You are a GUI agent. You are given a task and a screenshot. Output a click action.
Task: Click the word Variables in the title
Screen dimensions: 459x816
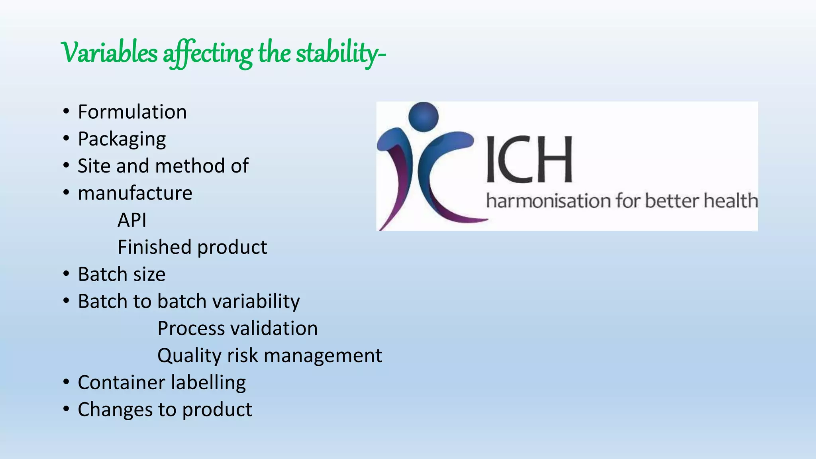click(x=109, y=53)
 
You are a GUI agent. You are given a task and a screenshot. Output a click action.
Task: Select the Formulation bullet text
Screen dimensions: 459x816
click(x=132, y=112)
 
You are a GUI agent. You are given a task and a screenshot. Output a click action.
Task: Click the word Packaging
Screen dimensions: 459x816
click(x=122, y=139)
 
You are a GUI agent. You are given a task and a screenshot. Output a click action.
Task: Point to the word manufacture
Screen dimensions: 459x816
click(x=135, y=193)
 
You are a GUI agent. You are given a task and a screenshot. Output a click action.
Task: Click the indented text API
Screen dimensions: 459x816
click(x=132, y=220)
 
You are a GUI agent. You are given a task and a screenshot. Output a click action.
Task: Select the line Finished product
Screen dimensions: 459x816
click(x=192, y=247)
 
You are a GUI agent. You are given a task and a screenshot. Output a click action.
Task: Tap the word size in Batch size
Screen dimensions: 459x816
click(x=149, y=275)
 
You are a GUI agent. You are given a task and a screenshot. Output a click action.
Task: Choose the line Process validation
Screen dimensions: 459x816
click(x=237, y=329)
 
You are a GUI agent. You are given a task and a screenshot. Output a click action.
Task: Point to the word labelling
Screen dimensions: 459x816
click(x=209, y=383)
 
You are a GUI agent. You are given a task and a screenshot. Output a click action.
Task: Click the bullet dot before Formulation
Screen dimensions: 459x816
click(x=66, y=112)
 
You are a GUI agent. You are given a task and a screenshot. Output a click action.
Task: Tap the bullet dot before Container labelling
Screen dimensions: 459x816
click(x=66, y=382)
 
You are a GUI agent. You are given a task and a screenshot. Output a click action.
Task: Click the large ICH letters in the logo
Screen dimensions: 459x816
click(x=529, y=159)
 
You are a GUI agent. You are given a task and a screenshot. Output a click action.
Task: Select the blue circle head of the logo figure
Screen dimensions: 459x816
click(x=424, y=116)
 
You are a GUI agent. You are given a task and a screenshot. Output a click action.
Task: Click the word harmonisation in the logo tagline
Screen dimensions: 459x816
click(x=548, y=201)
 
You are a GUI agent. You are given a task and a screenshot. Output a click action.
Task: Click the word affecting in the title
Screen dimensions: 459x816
click(x=207, y=54)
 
